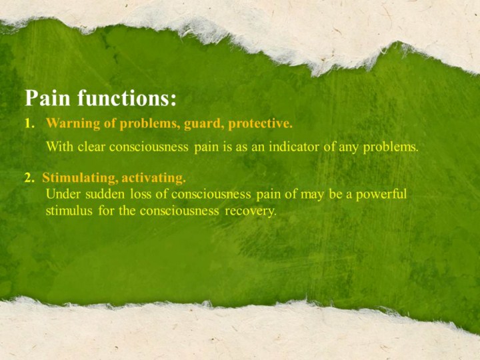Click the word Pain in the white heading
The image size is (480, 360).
coord(47,97)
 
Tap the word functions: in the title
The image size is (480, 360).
coord(127,97)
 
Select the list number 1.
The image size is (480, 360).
coord(29,123)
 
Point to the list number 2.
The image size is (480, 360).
coord(29,177)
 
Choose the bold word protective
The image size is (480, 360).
coord(261,123)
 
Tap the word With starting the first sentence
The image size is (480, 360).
coord(60,147)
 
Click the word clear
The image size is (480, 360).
coord(91,147)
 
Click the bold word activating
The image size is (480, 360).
coord(154,177)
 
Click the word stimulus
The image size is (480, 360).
coord(69,211)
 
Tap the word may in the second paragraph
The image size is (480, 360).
coord(311,195)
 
